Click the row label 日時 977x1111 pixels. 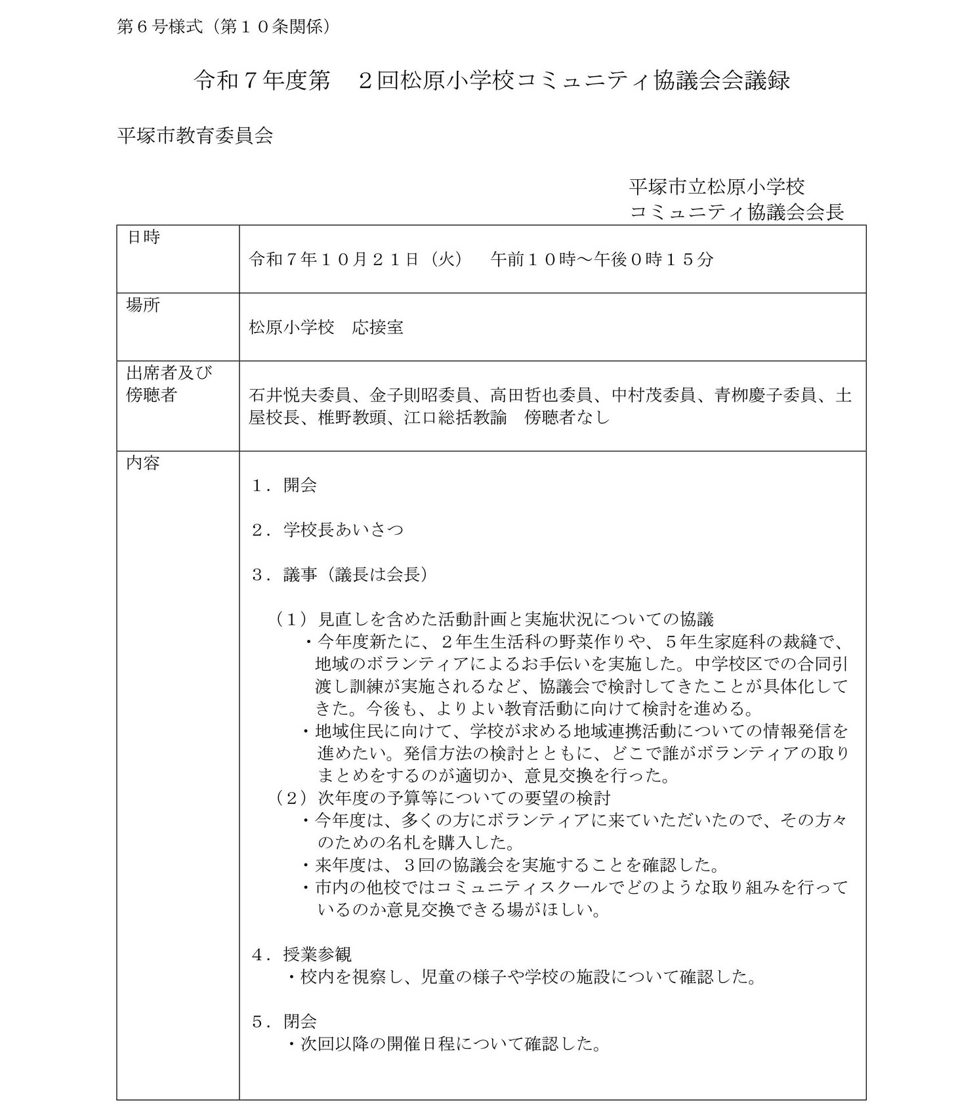143,238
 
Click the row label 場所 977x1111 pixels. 143,305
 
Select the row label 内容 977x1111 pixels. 143,463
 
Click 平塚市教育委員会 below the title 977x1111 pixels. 195,136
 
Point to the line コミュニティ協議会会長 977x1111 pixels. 736,212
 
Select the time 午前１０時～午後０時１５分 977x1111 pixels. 602,259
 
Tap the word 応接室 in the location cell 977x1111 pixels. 377,327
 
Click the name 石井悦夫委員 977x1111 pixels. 300,396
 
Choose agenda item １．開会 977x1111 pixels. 284,486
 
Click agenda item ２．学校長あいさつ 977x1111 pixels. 327,530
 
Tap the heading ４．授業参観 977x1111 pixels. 301,954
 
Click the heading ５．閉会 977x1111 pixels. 284,1021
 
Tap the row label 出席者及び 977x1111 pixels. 169,373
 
